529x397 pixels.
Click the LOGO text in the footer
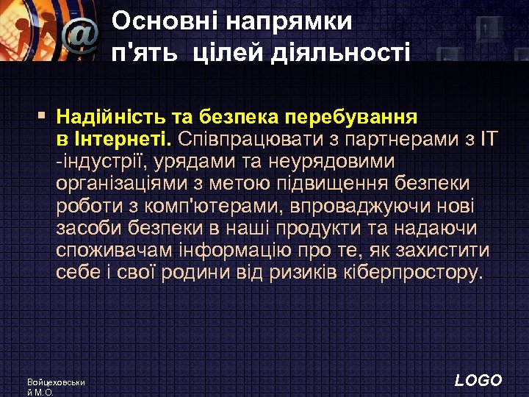tap(478, 380)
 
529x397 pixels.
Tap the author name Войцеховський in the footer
tap(56, 383)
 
